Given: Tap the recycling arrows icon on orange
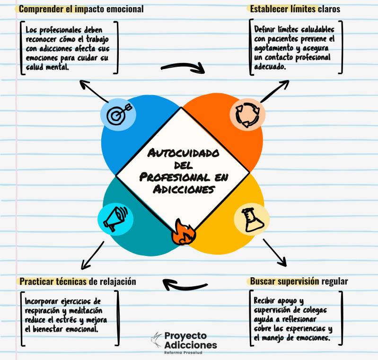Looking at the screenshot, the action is pyautogui.click(x=247, y=115).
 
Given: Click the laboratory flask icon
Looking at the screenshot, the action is pyautogui.click(x=252, y=220).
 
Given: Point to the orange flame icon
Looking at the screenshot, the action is pyautogui.click(x=184, y=232).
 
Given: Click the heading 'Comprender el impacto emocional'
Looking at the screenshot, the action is pyautogui.click(x=81, y=9).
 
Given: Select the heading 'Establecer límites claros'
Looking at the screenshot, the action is pyautogui.click(x=295, y=9).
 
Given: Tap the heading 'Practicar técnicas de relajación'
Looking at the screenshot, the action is pyautogui.click(x=78, y=281).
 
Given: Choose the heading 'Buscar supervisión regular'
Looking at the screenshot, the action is pyautogui.click(x=299, y=281).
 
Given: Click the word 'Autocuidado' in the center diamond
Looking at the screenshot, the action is pyautogui.click(x=183, y=153).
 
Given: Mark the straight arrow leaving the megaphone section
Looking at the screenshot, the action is pyautogui.click(x=93, y=255).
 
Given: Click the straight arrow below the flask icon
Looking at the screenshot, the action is pyautogui.click(x=275, y=253).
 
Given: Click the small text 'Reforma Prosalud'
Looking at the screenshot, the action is pyautogui.click(x=183, y=352).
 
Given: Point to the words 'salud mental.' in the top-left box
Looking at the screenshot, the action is pyautogui.click(x=47, y=67).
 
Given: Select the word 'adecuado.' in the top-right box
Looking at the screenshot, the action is pyautogui.click(x=270, y=67).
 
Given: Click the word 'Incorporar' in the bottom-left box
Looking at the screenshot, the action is pyautogui.click(x=42, y=301).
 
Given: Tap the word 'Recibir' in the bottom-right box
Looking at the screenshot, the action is pyautogui.click(x=264, y=301).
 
